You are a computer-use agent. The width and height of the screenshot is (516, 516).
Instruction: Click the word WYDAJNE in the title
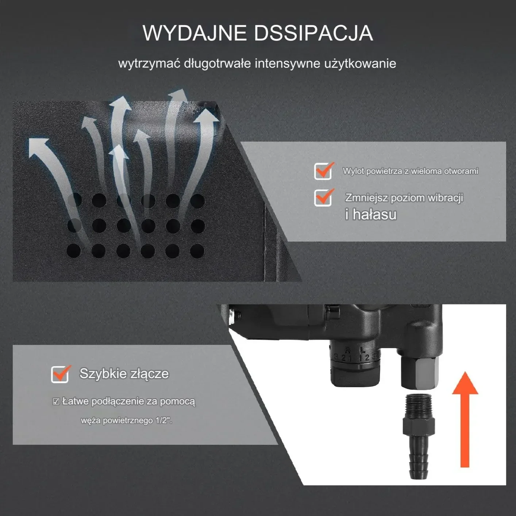(x=195, y=33)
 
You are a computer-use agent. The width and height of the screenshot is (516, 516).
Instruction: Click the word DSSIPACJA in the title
(x=313, y=33)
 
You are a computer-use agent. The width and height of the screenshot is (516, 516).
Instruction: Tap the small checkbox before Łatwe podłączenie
(x=56, y=401)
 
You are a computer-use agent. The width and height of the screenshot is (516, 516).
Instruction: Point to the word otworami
(x=461, y=171)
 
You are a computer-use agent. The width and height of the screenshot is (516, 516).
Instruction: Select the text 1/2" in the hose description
(x=163, y=420)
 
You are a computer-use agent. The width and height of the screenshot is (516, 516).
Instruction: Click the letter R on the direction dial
(x=347, y=350)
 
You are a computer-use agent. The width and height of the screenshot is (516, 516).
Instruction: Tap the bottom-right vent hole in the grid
(x=197, y=251)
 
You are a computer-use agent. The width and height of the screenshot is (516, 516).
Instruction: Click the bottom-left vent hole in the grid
(x=74, y=251)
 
